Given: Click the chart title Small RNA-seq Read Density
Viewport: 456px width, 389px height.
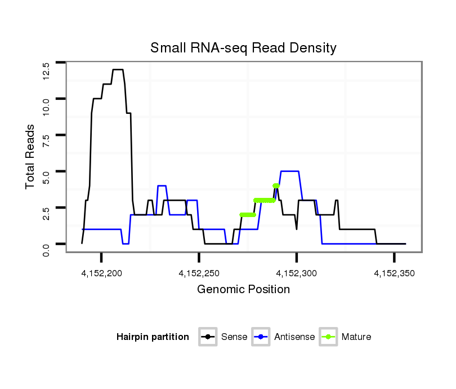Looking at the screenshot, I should [x=243, y=48].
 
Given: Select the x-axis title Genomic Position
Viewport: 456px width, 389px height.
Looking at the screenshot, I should [x=243, y=290].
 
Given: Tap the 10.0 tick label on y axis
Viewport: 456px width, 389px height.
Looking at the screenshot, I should [x=46, y=105].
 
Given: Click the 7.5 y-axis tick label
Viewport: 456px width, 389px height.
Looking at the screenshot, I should [x=46, y=140].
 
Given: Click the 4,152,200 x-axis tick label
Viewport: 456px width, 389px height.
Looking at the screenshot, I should [x=102, y=273].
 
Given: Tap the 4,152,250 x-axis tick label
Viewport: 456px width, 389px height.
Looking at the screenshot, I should [x=199, y=273].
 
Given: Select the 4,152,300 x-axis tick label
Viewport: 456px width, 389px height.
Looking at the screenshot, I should [x=297, y=273].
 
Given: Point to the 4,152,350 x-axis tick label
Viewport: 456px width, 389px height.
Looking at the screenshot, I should [x=394, y=273].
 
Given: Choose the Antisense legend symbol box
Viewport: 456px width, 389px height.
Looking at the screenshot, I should [x=261, y=337].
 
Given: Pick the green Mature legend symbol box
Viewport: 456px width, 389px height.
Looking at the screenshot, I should [x=328, y=337].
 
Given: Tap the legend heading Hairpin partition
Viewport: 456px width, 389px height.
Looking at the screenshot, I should [x=153, y=337].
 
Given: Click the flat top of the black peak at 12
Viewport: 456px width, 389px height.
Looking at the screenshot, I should [x=118, y=69].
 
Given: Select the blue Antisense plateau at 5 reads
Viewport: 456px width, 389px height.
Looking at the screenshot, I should [x=289, y=171].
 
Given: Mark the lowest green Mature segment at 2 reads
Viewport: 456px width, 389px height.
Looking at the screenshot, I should [x=248, y=215].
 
